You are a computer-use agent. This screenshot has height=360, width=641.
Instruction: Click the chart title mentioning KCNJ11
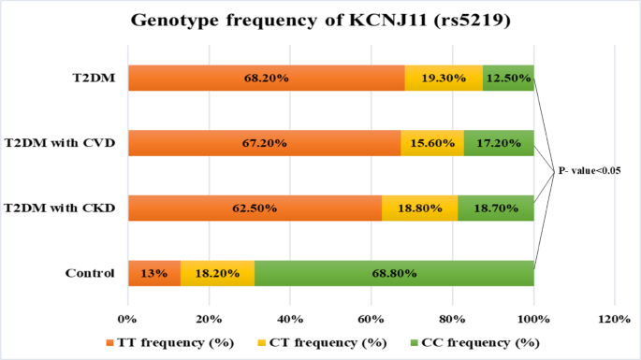coord(320,20)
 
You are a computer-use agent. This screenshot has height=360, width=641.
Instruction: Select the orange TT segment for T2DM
coord(266,79)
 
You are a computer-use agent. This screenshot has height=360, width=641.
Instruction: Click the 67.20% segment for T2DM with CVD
coord(264,143)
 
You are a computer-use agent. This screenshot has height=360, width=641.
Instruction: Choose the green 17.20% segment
coord(499,143)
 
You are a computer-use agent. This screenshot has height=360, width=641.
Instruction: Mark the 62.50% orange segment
coord(255,208)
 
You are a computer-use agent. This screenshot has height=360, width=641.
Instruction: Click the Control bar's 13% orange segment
coord(153,273)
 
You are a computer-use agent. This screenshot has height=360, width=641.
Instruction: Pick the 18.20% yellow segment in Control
coord(217,273)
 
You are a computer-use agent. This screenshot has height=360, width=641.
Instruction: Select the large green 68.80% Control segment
coord(394,273)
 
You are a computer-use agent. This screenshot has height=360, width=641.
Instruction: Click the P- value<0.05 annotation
coord(590,171)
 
